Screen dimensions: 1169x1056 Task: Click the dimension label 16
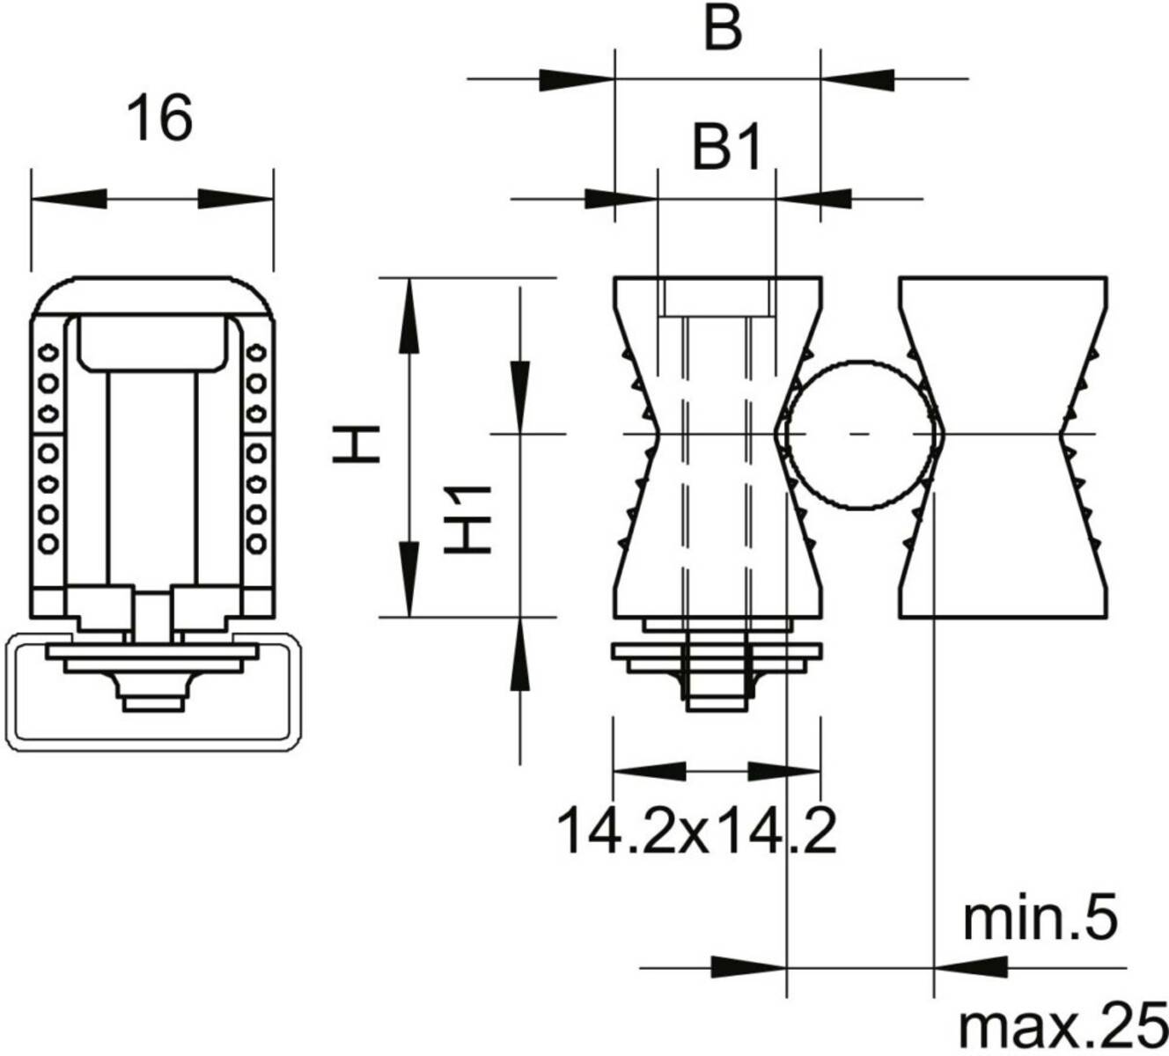[159, 119]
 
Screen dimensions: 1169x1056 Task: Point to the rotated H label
[356, 444]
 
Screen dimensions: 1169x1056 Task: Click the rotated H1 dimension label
[467, 520]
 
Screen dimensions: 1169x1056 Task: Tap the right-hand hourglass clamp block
[1003, 447]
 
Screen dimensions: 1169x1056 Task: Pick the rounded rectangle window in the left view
[153, 343]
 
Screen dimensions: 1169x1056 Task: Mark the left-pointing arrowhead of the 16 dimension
[70, 199]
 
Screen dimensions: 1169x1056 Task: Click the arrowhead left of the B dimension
[577, 80]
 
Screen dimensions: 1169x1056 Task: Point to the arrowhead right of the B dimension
[857, 79]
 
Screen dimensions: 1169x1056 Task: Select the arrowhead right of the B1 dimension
[813, 199]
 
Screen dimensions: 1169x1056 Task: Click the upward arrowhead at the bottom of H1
[520, 655]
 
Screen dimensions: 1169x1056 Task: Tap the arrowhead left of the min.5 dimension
[749, 969]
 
